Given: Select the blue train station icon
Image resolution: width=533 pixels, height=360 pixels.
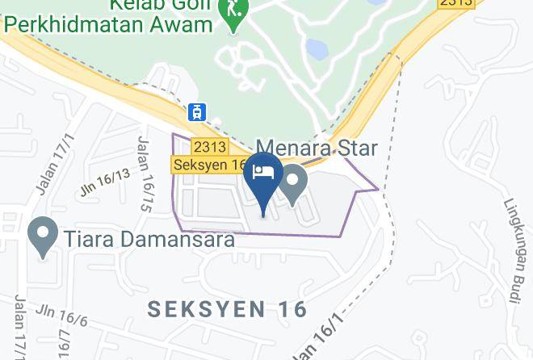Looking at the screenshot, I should [x=196, y=112].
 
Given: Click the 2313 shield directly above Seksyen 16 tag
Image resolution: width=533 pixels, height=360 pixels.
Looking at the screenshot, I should [x=209, y=146].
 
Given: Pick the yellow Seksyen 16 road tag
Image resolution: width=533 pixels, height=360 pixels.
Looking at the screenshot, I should [x=210, y=165].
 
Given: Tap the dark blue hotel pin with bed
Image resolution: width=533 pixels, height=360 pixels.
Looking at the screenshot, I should [x=264, y=178].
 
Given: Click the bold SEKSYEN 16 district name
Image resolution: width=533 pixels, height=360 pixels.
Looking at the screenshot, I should [x=229, y=309].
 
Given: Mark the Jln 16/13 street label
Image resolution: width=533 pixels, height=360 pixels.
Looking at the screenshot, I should [x=105, y=182].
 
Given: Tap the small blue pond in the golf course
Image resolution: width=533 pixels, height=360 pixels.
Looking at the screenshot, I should [x=316, y=50].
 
